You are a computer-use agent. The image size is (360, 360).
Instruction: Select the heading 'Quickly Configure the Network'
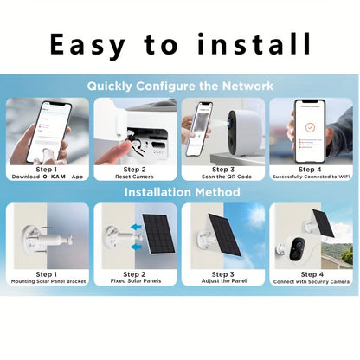tap(180, 86)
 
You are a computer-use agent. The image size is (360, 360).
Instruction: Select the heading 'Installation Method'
tap(180, 191)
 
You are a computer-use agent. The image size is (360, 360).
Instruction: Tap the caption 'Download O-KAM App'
tap(48, 177)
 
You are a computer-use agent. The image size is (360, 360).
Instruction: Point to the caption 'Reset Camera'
tap(135, 177)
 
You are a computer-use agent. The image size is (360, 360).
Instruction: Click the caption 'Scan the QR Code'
tap(222, 177)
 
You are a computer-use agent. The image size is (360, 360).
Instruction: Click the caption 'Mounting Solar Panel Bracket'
tap(48, 281)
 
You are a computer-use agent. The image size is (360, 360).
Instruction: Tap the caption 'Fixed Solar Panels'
tap(135, 281)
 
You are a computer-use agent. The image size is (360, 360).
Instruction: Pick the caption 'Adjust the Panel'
tap(222, 281)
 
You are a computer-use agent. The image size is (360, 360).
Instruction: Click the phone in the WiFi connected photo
tap(308, 125)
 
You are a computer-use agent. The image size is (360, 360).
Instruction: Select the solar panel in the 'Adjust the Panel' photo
tap(226, 232)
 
